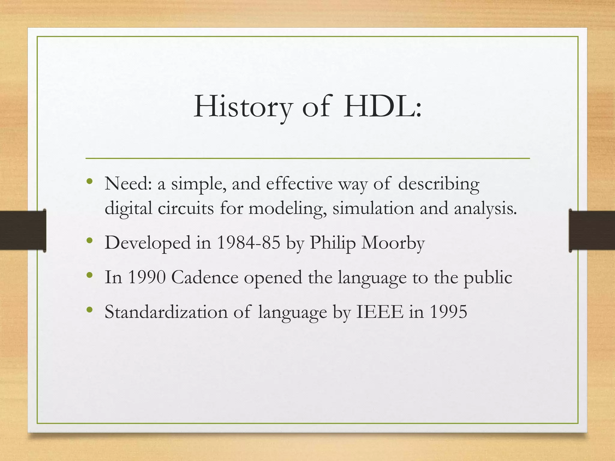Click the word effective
pos(299,184)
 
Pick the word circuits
pos(186,208)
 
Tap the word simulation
pos(373,208)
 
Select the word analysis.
pos(485,208)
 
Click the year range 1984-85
pos(248,243)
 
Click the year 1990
pos(147,277)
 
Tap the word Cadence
pos(205,277)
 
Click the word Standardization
pos(166,312)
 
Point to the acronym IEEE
pos(380,312)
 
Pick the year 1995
pos(449,312)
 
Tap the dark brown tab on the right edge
pos(592,230)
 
